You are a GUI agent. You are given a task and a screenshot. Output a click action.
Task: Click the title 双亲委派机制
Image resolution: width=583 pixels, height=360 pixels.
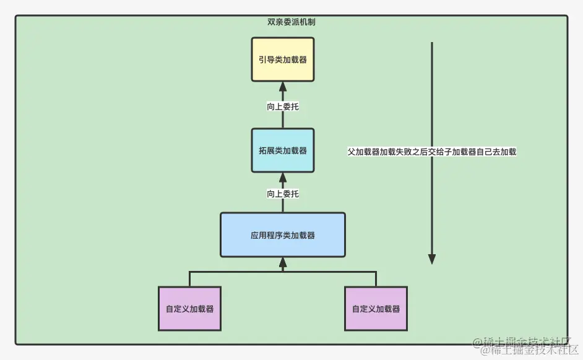click(291, 22)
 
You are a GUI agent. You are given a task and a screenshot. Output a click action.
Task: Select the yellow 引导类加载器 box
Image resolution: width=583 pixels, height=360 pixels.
click(283, 59)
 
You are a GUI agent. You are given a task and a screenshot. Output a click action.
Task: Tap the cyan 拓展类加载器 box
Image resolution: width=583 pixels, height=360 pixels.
click(283, 150)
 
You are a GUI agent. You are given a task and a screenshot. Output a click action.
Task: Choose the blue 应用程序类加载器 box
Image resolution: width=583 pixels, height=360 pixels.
click(283, 235)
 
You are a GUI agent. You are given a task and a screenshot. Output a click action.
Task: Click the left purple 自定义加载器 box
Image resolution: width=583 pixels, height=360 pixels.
click(190, 309)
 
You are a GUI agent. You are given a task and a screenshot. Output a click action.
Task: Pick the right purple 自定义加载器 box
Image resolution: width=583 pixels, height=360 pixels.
click(376, 309)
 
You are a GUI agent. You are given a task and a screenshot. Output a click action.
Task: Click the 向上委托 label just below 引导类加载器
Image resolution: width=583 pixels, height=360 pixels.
click(283, 106)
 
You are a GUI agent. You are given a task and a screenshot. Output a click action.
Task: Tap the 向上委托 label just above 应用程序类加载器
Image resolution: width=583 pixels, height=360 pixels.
click(283, 194)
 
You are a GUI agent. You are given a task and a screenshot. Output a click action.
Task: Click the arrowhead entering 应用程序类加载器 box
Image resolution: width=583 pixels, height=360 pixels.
click(283, 263)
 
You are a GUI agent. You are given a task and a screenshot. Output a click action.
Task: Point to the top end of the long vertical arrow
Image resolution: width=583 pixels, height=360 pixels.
click(432, 43)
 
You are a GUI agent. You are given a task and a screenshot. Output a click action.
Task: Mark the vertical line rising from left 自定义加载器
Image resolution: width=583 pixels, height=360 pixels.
click(190, 279)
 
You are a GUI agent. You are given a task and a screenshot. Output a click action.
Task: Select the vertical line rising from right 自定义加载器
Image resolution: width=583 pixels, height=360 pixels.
click(376, 279)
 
